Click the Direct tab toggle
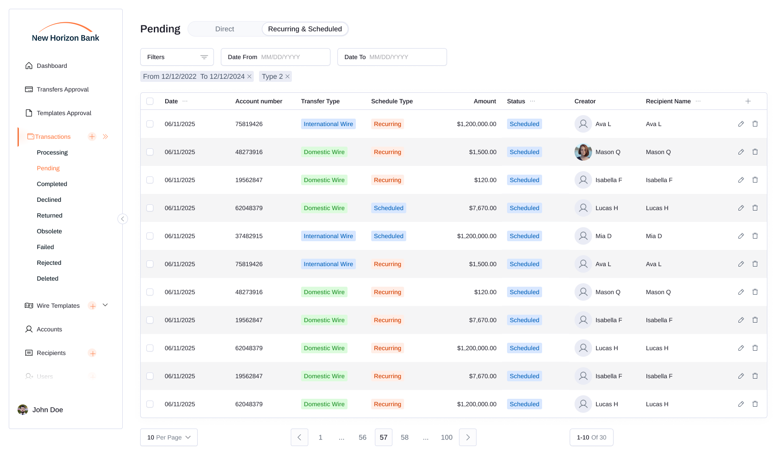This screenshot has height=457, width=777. [224, 29]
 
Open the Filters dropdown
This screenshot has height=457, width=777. [177, 57]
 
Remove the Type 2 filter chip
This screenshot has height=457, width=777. [287, 77]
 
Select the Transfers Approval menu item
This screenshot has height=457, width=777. [63, 89]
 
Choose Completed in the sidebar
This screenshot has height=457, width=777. [52, 184]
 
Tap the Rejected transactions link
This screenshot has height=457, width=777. [49, 263]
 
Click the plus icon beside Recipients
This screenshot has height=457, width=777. [92, 353]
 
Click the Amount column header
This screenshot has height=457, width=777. [485, 101]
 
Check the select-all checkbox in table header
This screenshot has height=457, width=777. [150, 101]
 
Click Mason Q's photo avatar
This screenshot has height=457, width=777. [583, 152]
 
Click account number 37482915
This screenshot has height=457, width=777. [249, 236]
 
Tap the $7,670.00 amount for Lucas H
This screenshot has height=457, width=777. [483, 208]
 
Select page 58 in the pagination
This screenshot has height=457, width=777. [404, 437]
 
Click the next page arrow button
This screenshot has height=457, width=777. [468, 437]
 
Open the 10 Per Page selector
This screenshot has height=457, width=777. [169, 437]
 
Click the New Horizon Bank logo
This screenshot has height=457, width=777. [66, 33]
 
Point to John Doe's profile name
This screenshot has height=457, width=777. [48, 410]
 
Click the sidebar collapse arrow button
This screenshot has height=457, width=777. [123, 219]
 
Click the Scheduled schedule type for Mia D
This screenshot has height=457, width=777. [388, 236]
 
